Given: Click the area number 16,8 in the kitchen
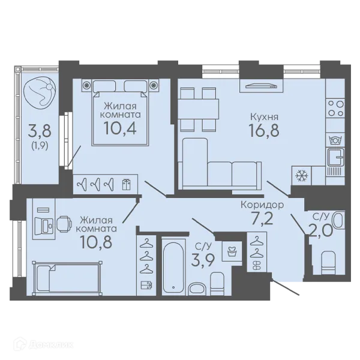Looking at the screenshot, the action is click(264, 130).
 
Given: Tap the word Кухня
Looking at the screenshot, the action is click(264, 117).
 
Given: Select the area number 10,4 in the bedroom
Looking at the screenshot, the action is click(121, 128).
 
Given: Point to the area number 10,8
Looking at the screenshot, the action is click(97, 242).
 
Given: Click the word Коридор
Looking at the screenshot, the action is click(262, 205).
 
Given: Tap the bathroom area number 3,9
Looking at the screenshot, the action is click(203, 260).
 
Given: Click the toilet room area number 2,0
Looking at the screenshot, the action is click(321, 230).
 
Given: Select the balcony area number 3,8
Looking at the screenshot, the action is click(40, 130).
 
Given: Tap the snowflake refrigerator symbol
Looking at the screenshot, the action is click(301, 176).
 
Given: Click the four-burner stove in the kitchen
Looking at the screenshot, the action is click(335, 109).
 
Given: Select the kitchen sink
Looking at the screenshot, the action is click(335, 157).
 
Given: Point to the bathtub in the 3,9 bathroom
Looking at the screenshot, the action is click(173, 267).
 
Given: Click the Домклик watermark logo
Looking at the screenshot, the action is click(43, 344).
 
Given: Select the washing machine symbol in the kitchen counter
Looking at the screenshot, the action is click(335, 140).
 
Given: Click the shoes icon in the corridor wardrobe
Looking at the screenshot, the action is click(257, 265).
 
